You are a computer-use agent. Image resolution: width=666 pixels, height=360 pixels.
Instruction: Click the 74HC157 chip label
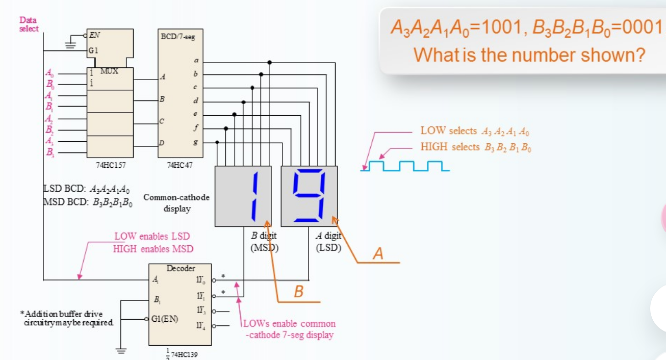pyautogui.click(x=110, y=165)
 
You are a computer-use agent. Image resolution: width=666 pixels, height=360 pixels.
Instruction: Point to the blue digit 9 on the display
pyautogui.click(x=309, y=196)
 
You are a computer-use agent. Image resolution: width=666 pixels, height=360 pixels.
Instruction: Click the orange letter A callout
pyautogui.click(x=377, y=253)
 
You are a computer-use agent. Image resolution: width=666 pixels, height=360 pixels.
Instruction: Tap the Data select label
pyautogui.click(x=29, y=24)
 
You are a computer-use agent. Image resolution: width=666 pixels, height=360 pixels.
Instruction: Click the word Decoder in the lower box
pyautogui.click(x=181, y=268)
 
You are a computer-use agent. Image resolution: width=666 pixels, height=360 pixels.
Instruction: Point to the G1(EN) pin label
pyautogui.click(x=165, y=319)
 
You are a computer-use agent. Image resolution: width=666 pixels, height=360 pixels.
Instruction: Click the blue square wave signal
pyautogui.click(x=405, y=166)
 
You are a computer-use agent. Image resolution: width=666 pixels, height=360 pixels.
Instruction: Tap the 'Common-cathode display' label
pyautogui.click(x=176, y=202)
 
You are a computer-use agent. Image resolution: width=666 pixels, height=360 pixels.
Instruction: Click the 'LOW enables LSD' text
pyautogui.click(x=151, y=237)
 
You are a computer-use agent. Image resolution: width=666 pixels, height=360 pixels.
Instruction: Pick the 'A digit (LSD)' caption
pyautogui.click(x=328, y=242)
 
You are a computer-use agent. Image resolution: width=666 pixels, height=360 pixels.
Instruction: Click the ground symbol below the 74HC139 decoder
pyautogui.click(x=121, y=350)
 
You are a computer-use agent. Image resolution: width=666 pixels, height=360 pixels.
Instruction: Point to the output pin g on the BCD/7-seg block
pyautogui.click(x=195, y=143)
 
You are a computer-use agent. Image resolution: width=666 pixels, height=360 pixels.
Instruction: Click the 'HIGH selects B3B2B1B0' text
pyautogui.click(x=476, y=147)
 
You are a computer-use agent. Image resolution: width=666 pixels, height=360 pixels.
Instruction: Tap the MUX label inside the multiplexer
pyautogui.click(x=109, y=71)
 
